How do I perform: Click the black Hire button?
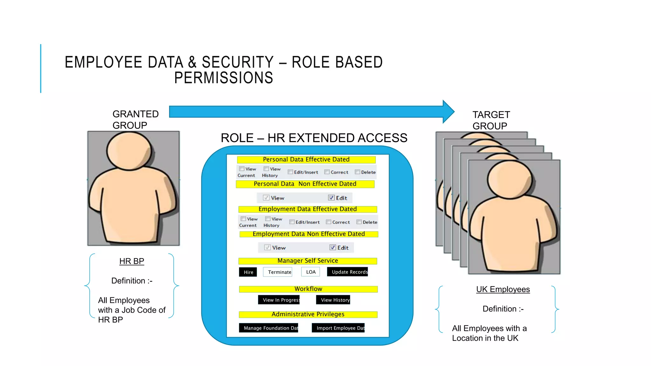[248, 272]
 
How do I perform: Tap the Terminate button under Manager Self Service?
[278, 272]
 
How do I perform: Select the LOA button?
[311, 272]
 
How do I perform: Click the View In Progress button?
[279, 300]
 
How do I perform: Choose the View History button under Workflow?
[333, 300]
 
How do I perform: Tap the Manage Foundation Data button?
[269, 328]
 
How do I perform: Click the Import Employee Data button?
[338, 328]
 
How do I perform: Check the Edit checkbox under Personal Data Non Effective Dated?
[332, 198]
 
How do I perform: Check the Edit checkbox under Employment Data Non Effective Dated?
[333, 247]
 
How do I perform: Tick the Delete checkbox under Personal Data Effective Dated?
[358, 172]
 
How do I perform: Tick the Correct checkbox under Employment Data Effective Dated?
[329, 222]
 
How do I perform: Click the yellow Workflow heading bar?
[308, 289]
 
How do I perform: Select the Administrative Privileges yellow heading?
[308, 314]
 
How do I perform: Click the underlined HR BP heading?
[132, 261]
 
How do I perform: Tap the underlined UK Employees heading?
[503, 289]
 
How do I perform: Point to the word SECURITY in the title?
[237, 62]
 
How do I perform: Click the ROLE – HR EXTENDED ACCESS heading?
[314, 138]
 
